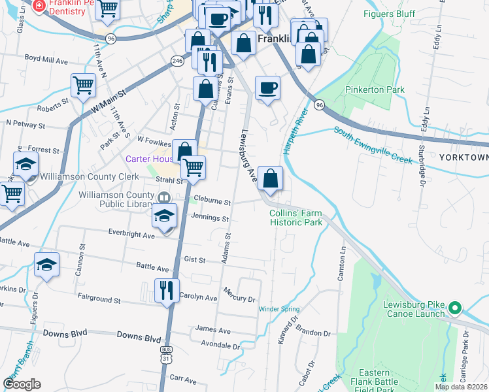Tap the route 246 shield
coord(177,61)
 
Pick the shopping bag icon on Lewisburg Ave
coord(270,178)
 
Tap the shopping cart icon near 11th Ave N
coord(83,86)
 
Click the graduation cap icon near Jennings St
coord(165,216)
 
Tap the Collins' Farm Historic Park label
coord(296,218)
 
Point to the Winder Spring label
coord(279,308)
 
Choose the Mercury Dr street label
coord(238,294)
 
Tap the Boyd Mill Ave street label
coord(46,59)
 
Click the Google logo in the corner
coord(22,384)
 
